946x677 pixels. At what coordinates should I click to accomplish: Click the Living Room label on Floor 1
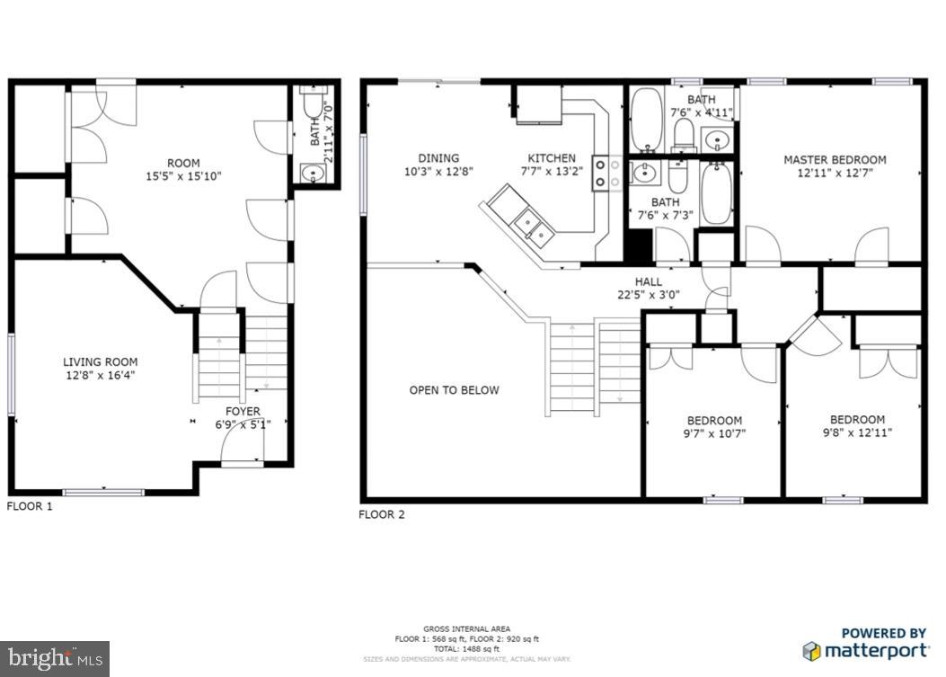click(x=100, y=361)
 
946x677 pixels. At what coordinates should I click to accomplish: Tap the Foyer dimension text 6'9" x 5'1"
click(x=243, y=425)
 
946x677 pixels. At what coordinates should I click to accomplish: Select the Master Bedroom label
click(x=835, y=160)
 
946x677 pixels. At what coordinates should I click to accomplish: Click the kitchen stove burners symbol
click(x=607, y=174)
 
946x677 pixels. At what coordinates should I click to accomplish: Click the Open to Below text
click(x=454, y=390)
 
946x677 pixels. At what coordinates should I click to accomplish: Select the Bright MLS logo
click(x=55, y=658)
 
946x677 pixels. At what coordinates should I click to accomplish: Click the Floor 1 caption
click(x=30, y=506)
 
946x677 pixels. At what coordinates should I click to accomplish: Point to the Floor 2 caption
click(x=382, y=514)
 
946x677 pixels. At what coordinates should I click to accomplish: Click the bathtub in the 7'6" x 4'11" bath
click(x=645, y=120)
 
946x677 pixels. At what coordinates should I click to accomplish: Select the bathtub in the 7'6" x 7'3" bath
click(x=716, y=193)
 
